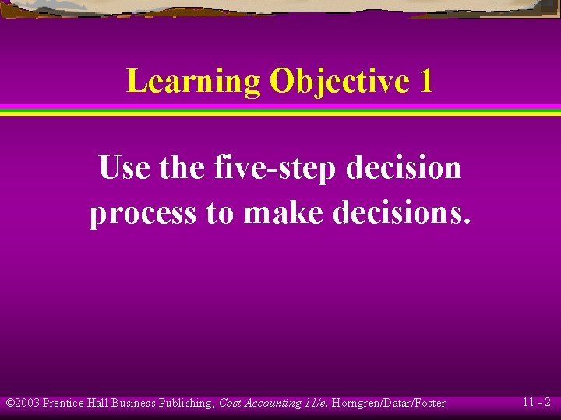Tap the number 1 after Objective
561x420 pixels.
pyautogui.click(x=425, y=82)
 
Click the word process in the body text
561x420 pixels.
pyautogui.click(x=143, y=212)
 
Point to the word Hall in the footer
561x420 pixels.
pyautogui.click(x=97, y=403)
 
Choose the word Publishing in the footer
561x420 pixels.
pyautogui.click(x=184, y=403)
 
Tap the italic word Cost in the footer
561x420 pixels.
pyautogui.click(x=230, y=403)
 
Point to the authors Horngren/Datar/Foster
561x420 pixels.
pyautogui.click(x=388, y=403)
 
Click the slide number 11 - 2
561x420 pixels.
pyautogui.click(x=536, y=403)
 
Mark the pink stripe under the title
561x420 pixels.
pyautogui.click(x=280, y=107)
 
